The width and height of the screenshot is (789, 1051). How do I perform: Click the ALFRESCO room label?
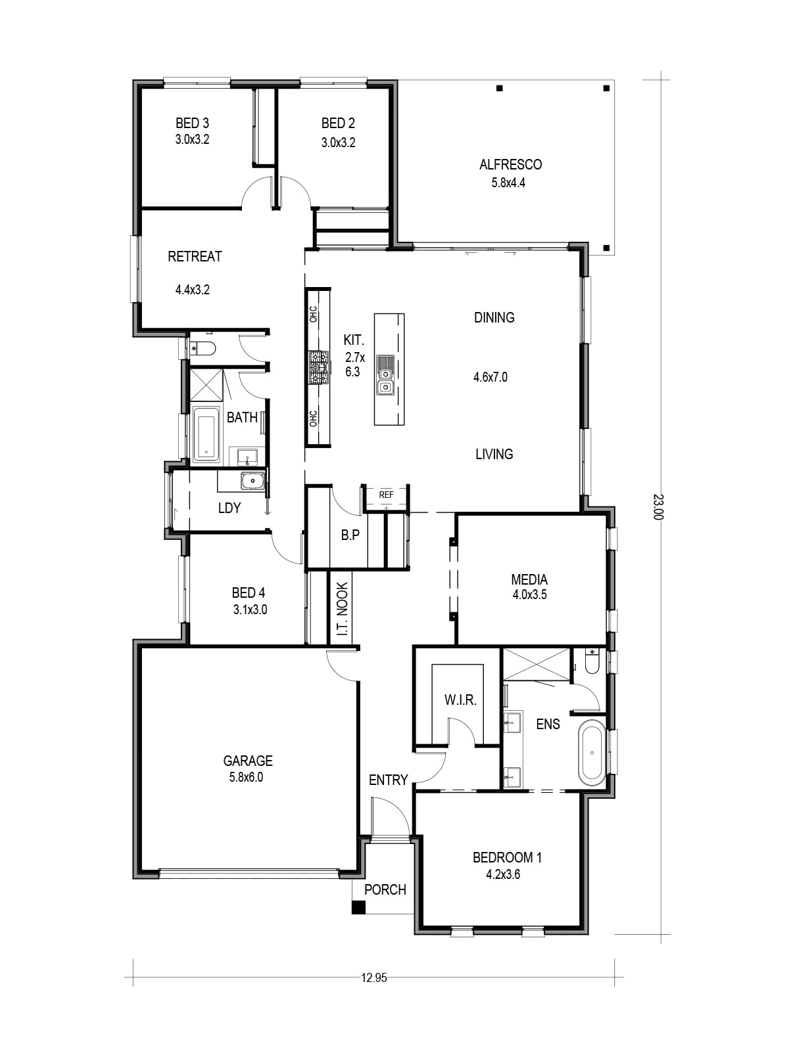click(x=510, y=164)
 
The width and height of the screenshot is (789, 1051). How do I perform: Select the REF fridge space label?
click(x=386, y=495)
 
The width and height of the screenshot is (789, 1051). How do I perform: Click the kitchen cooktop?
click(x=319, y=367)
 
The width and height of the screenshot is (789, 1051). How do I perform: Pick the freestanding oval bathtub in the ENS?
click(x=592, y=752)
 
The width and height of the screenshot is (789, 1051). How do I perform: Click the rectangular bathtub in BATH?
click(x=206, y=434)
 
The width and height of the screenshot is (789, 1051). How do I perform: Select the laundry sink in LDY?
click(x=252, y=480)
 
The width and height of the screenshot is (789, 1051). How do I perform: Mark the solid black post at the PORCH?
click(x=359, y=907)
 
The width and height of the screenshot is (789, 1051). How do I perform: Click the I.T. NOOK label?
click(x=342, y=608)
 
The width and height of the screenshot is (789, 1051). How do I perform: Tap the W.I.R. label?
click(x=460, y=700)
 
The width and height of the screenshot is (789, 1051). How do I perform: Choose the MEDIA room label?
click(x=529, y=579)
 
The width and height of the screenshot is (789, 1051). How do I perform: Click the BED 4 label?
click(x=248, y=593)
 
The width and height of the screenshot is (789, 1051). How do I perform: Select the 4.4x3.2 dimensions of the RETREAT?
click(x=192, y=290)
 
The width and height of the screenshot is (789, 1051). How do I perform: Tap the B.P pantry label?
click(x=350, y=535)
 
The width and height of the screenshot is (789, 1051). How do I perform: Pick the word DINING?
click(x=494, y=317)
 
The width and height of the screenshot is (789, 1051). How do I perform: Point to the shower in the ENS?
click(x=536, y=663)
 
